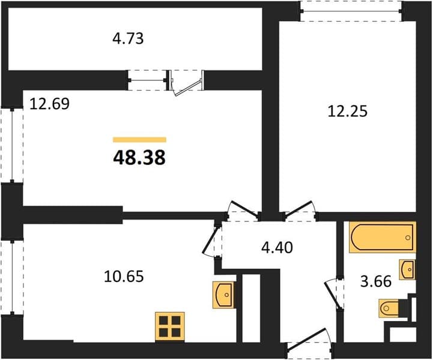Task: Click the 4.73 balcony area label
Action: [x=128, y=38]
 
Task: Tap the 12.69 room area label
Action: [x=49, y=104]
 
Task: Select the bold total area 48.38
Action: [x=139, y=158]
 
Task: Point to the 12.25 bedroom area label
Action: [x=348, y=112]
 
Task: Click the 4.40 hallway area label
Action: [x=277, y=247]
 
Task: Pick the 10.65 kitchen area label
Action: [x=124, y=276]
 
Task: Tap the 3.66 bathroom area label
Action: [x=376, y=281]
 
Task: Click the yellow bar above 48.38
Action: [x=139, y=140]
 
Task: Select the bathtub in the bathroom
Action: [x=383, y=237]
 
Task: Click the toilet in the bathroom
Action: [x=389, y=308]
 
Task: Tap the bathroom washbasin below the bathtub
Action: [x=407, y=269]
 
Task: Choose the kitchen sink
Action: [x=223, y=295]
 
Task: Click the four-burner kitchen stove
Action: [x=170, y=326]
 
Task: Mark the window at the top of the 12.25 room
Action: [x=351, y=11]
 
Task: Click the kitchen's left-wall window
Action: [x=12, y=278]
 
